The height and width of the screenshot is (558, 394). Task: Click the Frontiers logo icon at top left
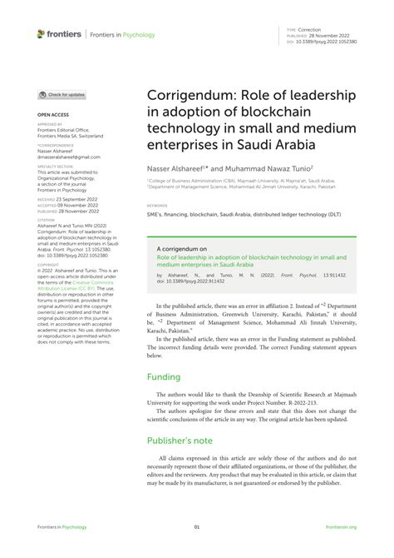(x=42, y=33)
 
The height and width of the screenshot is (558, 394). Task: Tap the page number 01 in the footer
(x=197, y=527)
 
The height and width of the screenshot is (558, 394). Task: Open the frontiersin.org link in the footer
(x=341, y=527)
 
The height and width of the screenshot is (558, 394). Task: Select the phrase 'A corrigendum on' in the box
(x=180, y=249)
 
